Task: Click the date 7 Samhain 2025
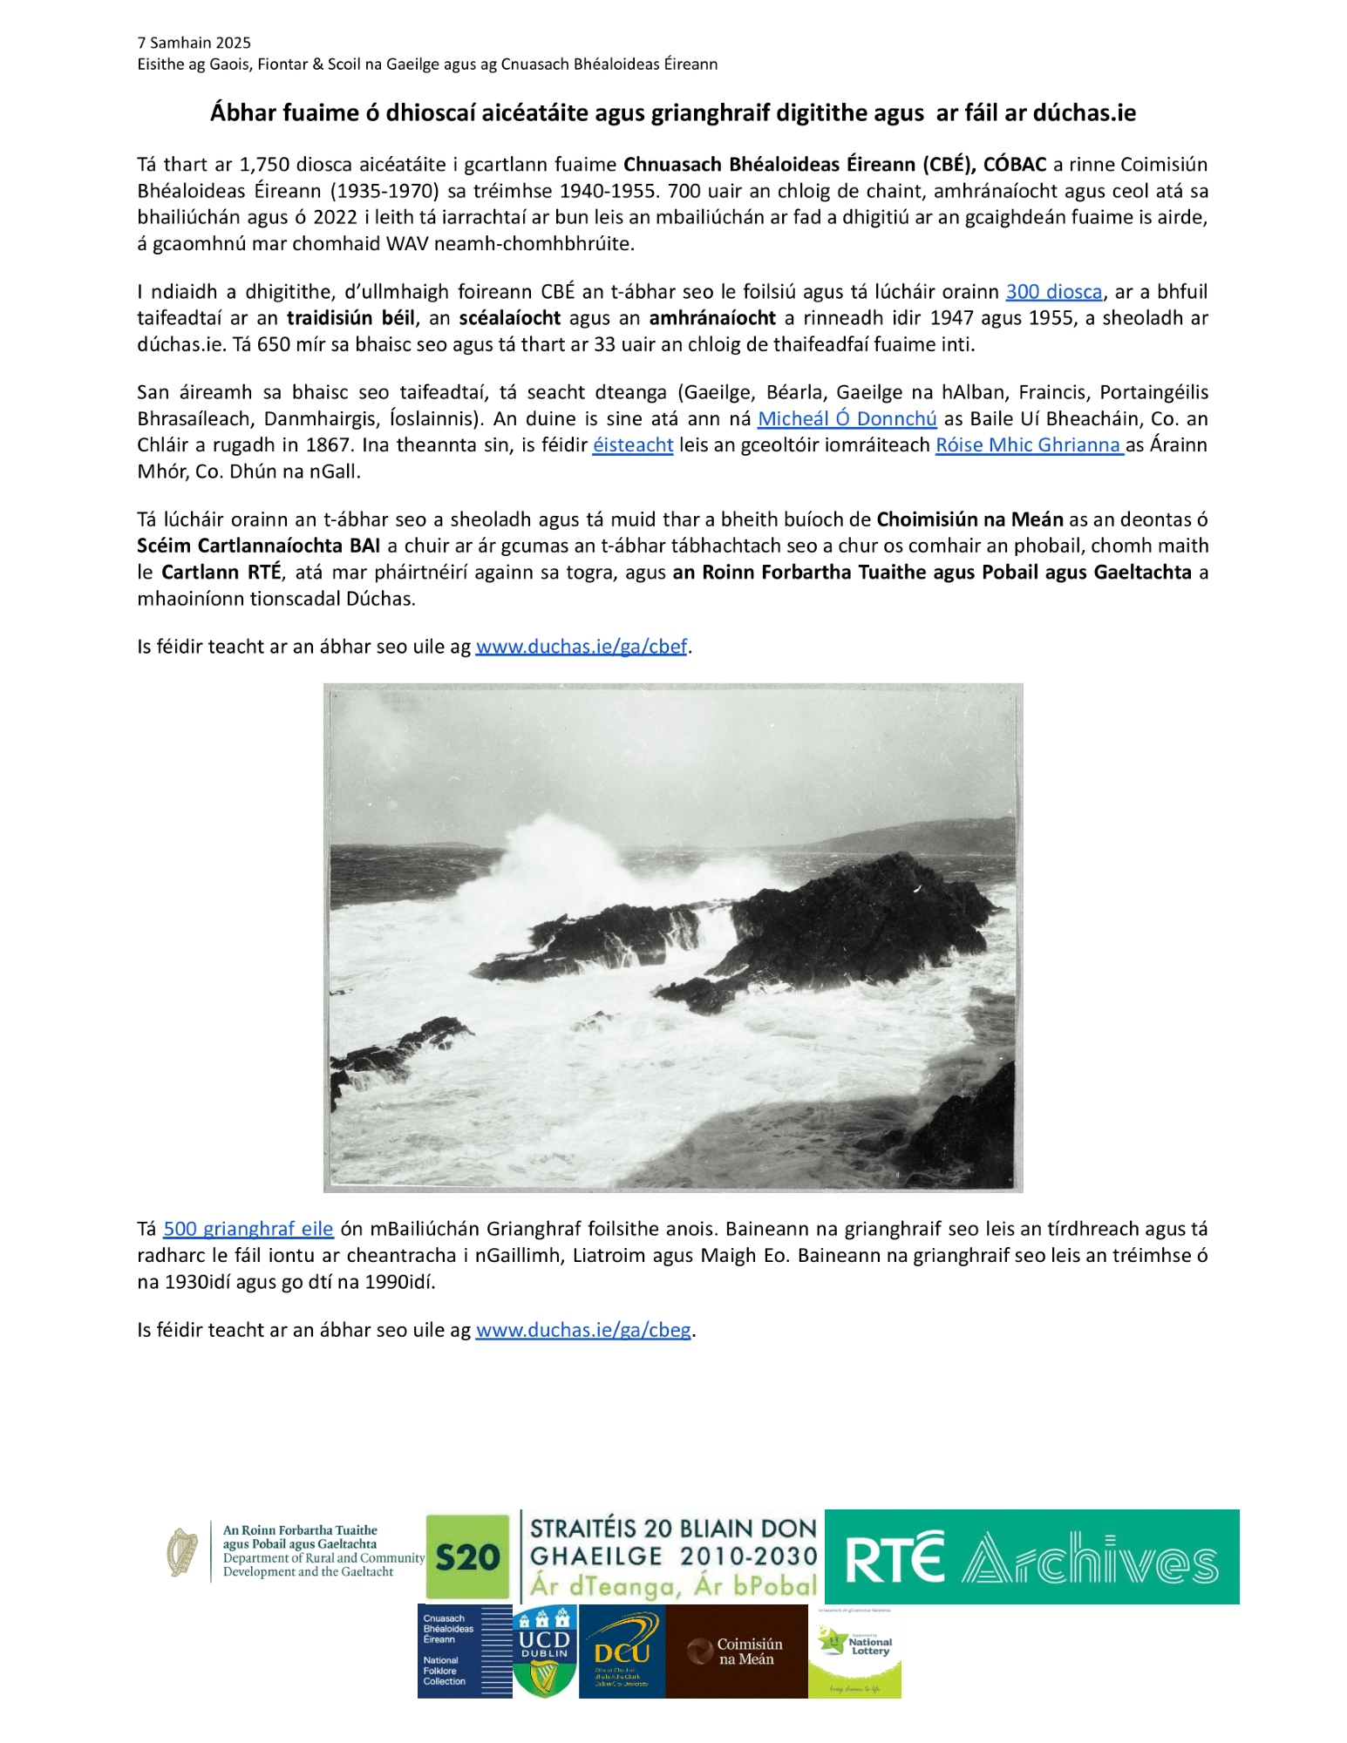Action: [x=194, y=43]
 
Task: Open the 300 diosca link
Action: [x=1053, y=292]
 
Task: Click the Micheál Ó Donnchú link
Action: [x=847, y=419]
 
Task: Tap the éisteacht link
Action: [x=632, y=445]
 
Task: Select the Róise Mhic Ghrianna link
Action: [x=1029, y=445]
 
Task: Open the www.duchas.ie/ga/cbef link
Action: [x=582, y=647]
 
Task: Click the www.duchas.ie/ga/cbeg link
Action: [x=583, y=1330]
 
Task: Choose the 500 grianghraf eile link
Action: [x=248, y=1229]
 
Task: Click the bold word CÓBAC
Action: [x=1015, y=165]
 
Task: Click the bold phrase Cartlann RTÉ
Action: [x=221, y=573]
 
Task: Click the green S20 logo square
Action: [x=467, y=1557]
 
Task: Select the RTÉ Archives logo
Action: [x=1031, y=1557]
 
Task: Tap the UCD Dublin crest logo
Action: [x=544, y=1652]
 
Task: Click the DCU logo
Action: [x=622, y=1652]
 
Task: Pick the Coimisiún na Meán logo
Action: [x=736, y=1652]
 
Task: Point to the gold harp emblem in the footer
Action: [x=182, y=1552]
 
